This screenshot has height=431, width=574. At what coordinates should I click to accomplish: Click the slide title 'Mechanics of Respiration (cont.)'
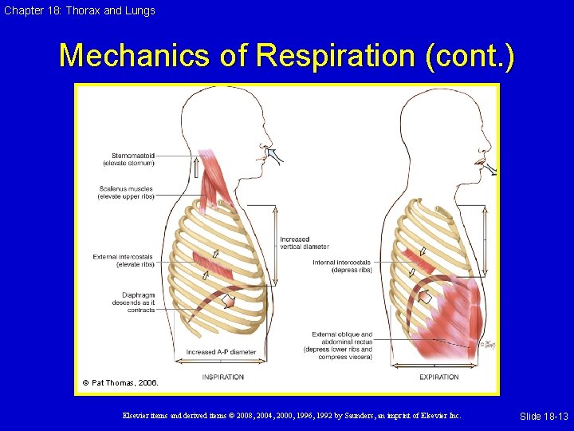pyautogui.click(x=287, y=56)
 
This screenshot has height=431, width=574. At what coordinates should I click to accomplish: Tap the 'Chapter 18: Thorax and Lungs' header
pyautogui.click(x=78, y=10)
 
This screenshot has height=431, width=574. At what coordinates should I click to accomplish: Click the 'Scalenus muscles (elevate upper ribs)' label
pyautogui.click(x=125, y=192)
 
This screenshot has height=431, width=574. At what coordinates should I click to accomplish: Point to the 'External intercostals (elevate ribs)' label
pyautogui.click(x=123, y=260)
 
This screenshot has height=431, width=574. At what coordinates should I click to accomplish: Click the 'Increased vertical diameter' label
pyautogui.click(x=305, y=243)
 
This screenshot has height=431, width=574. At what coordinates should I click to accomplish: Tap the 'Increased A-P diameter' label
pyautogui.click(x=221, y=352)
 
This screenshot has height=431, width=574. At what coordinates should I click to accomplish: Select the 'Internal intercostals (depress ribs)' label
pyautogui.click(x=341, y=266)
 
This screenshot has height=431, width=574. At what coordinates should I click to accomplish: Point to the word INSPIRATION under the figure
pyautogui.click(x=222, y=377)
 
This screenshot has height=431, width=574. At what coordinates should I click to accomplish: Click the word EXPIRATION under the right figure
pyautogui.click(x=438, y=377)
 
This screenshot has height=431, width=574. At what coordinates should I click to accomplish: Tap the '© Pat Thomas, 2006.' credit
pyautogui.click(x=121, y=383)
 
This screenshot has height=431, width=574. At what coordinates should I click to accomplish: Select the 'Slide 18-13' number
pyautogui.click(x=544, y=417)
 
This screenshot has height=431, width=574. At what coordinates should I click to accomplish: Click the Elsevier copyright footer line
pyautogui.click(x=291, y=416)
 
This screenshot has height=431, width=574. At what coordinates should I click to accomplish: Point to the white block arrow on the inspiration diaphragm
pyautogui.click(x=228, y=302)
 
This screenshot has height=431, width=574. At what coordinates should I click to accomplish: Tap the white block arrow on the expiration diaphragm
pyautogui.click(x=425, y=298)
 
